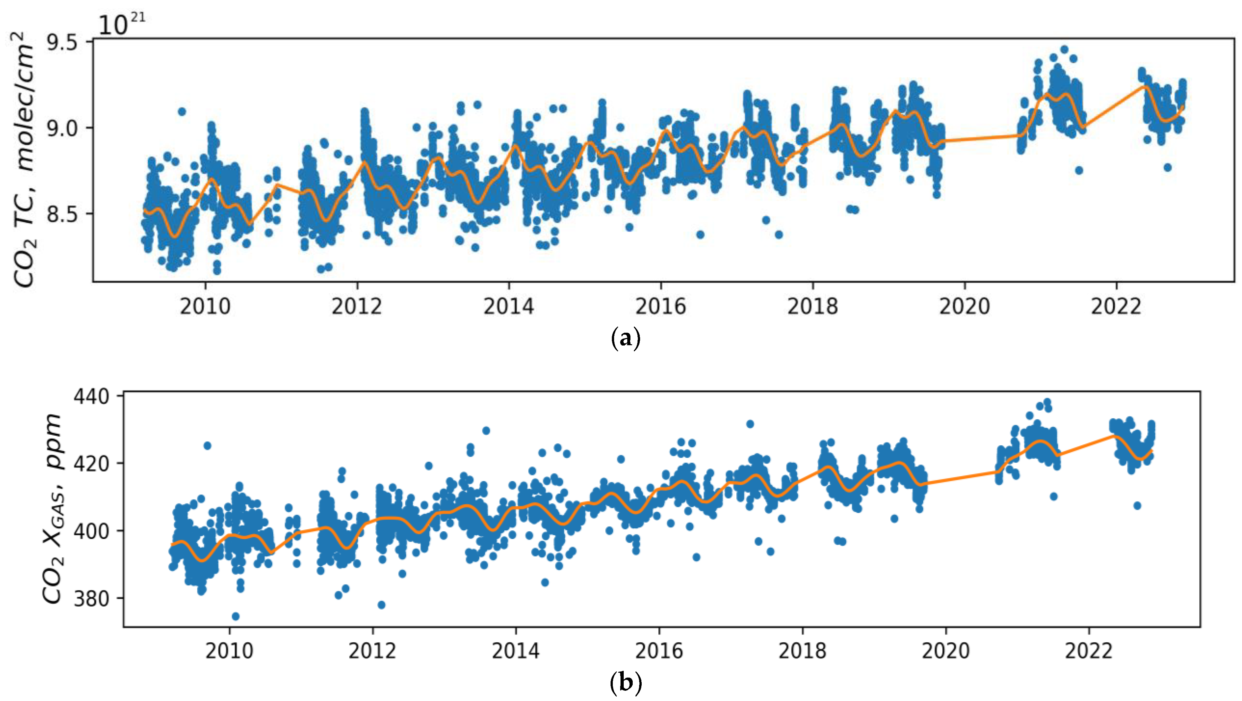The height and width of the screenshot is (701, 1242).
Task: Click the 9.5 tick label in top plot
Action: [61, 42]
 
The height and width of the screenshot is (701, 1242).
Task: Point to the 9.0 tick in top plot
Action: [61, 128]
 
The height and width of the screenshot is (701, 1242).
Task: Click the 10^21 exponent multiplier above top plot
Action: [121, 24]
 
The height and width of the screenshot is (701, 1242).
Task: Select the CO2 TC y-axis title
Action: [24, 159]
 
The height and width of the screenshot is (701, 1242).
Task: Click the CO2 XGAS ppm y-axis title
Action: [52, 509]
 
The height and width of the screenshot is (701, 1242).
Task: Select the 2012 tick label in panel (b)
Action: [372, 651]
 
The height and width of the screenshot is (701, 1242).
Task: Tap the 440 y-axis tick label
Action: [92, 396]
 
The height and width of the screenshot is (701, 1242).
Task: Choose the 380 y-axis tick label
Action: [92, 599]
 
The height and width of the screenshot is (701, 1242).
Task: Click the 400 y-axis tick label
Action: [92, 531]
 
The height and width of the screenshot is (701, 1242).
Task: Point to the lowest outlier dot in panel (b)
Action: [235, 616]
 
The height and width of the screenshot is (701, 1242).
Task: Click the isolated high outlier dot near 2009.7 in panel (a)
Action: [182, 111]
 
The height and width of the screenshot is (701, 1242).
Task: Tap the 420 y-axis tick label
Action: [92, 464]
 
